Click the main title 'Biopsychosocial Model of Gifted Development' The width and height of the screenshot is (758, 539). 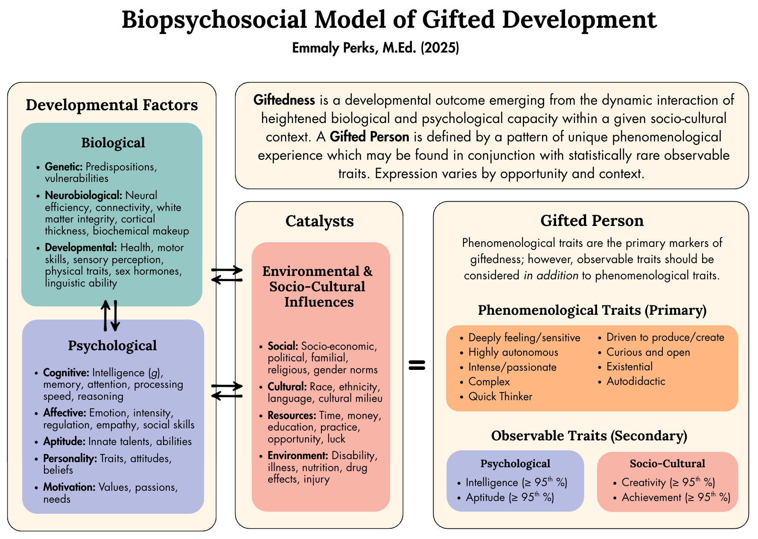point(389,20)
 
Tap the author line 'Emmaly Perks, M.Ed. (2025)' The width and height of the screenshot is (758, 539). point(376,48)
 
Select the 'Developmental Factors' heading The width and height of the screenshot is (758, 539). point(112,105)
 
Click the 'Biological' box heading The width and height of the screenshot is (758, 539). point(113,143)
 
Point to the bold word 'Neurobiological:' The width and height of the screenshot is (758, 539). point(84,196)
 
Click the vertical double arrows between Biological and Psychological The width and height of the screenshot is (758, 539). point(110,316)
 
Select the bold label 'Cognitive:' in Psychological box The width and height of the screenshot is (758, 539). point(66,373)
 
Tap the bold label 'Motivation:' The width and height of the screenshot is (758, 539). point(69,487)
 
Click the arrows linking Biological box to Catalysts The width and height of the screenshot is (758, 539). point(227,275)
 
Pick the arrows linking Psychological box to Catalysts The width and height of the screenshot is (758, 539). point(227,391)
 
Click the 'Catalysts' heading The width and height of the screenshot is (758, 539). point(320,221)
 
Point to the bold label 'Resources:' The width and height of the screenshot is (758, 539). point(292,416)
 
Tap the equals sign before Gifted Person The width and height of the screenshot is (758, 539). point(417,365)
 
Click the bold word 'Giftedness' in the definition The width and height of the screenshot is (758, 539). point(284,100)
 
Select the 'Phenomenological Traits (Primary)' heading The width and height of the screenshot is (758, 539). point(592,310)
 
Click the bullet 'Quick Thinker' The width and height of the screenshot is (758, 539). point(500,397)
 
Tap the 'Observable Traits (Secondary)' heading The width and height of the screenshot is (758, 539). point(589,436)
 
